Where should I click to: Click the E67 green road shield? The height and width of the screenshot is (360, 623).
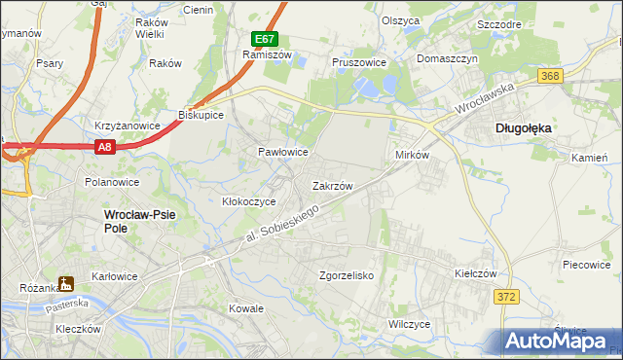[265, 39]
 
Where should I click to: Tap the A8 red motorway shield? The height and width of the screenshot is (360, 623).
[106, 147]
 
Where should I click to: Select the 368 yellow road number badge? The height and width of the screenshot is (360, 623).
[551, 76]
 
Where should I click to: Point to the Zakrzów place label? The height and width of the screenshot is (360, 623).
[332, 185]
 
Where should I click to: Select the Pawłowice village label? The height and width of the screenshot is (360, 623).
[282, 153]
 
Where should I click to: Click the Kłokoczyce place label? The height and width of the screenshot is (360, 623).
[249, 201]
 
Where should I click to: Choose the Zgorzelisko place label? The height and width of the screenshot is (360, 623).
[347, 275]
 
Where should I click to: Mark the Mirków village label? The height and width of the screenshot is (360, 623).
[413, 156]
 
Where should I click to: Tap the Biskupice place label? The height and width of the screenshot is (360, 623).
[202, 115]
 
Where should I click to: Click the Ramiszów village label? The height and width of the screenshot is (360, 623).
[261, 55]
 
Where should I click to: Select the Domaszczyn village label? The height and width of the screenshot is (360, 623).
[448, 58]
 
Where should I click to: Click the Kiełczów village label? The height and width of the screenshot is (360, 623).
[476, 273]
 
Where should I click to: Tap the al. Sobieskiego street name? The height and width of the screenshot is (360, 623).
[281, 225]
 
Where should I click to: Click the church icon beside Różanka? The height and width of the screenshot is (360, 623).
[66, 284]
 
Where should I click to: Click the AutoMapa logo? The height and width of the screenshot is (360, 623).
[557, 340]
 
